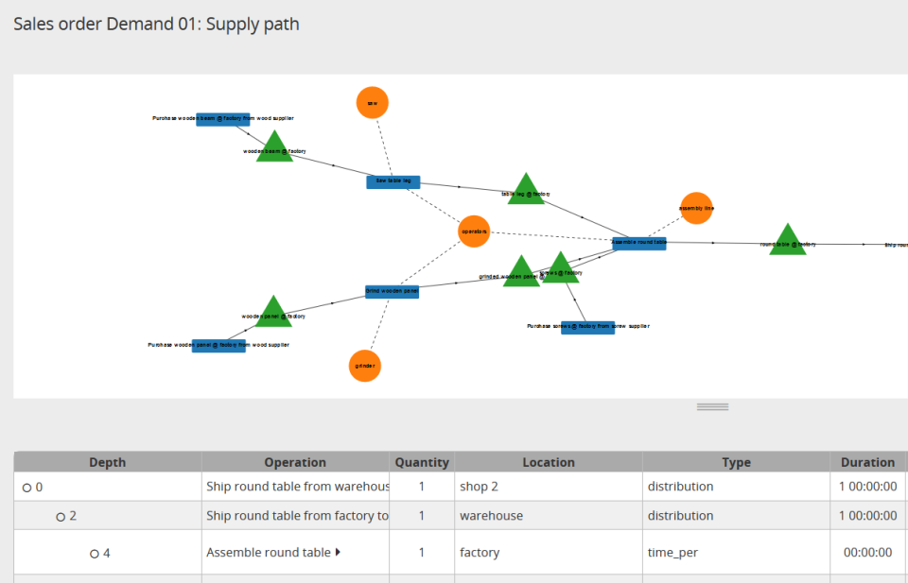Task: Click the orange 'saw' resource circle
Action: [373, 102]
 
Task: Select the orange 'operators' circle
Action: [474, 231]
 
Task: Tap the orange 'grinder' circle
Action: [365, 366]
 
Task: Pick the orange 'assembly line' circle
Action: [696, 208]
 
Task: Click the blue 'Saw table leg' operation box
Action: [393, 181]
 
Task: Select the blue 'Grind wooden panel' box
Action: [392, 292]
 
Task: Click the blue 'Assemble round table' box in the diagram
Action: [639, 243]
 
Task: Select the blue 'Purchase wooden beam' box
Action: [223, 119]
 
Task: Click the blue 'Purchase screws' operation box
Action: [587, 327]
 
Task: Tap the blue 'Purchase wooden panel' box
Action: [218, 346]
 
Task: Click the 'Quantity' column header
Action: [422, 462]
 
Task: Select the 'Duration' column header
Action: [867, 462]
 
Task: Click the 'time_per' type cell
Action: [672, 552]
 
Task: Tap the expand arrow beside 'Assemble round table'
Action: [339, 552]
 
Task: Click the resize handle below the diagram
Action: [712, 406]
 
